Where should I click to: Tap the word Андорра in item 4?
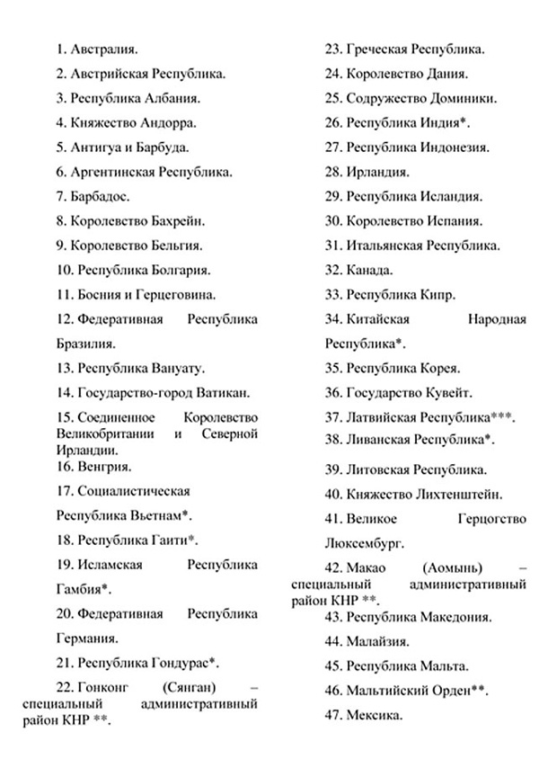coord(170,123)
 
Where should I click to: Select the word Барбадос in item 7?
coord(103,196)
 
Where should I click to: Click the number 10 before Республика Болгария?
coord(64,270)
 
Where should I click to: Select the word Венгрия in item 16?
coord(105,467)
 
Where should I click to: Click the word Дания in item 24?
coord(447,74)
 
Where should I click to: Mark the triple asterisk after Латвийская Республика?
coord(503,416)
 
